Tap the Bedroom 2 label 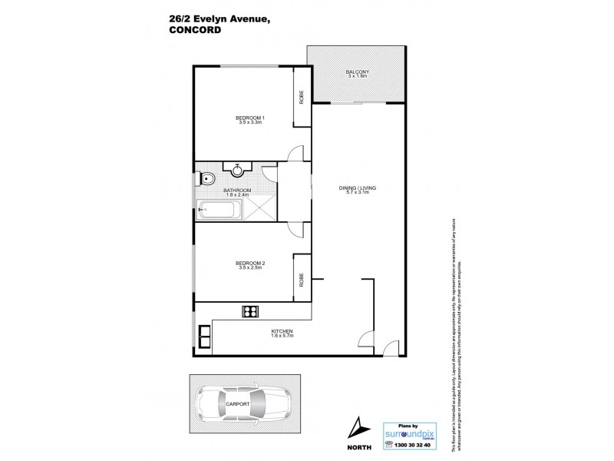click(x=251, y=265)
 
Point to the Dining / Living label click(x=357, y=188)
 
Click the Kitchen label click(x=282, y=332)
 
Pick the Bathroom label click(x=237, y=191)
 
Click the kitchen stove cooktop click(x=249, y=311)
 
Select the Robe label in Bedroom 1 click(x=302, y=97)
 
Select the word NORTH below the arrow click(x=358, y=446)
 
